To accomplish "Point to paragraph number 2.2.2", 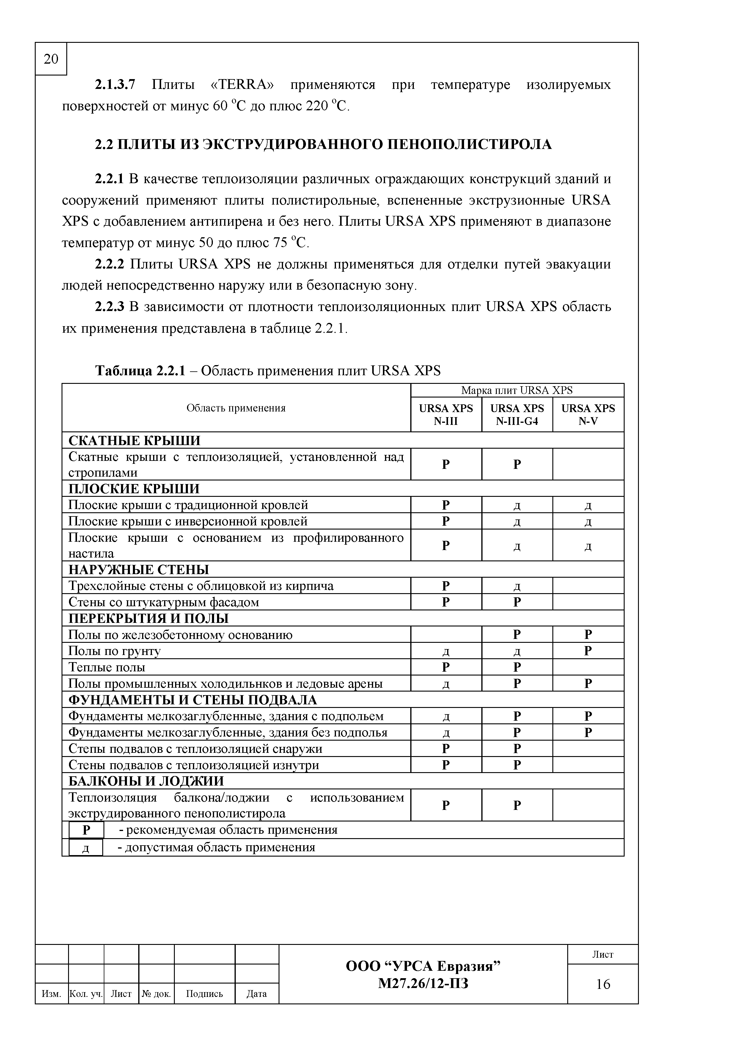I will [x=109, y=264].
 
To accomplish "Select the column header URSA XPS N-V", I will [x=588, y=414].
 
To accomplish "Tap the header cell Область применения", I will [x=236, y=408].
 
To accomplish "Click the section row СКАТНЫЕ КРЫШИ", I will [x=134, y=440].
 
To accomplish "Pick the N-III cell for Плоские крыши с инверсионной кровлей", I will [x=446, y=521].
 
